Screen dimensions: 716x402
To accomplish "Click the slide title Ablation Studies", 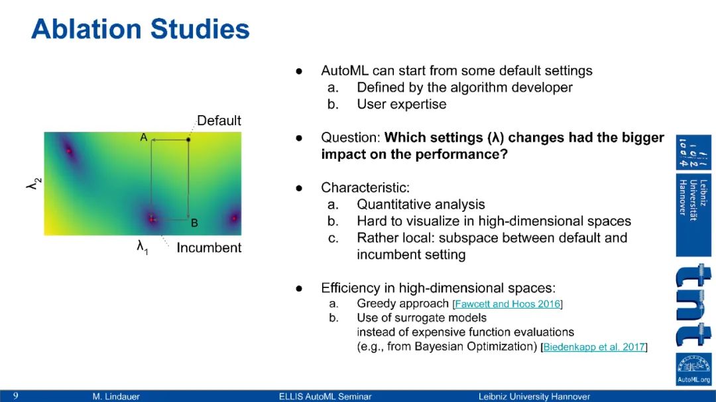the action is point(140,29).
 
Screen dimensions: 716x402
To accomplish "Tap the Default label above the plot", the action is point(219,121).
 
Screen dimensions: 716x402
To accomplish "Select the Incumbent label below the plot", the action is point(209,247).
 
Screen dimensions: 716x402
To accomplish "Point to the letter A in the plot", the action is point(143,137).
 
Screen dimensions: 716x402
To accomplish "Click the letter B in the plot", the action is point(194,223).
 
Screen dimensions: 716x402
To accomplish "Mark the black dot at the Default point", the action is point(188,139).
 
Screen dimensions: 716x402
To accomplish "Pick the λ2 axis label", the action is point(34,183).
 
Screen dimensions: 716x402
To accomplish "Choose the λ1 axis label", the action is point(143,247).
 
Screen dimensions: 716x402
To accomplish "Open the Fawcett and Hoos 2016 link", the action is point(507,304).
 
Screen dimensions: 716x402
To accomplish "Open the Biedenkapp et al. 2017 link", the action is point(594,347).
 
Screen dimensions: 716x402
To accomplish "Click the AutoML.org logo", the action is point(693,370).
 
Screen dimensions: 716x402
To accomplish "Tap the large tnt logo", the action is point(693,305).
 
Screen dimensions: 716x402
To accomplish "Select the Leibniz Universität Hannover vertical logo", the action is point(693,196).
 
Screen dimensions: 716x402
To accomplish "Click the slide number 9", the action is point(16,396).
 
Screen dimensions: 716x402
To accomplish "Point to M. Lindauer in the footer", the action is point(116,397).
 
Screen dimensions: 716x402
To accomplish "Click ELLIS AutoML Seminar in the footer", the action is point(325,397).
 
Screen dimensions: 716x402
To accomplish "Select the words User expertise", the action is point(401,104).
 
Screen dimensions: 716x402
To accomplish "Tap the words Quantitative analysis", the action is point(420,205).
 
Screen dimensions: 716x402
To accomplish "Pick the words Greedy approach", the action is point(403,303).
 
